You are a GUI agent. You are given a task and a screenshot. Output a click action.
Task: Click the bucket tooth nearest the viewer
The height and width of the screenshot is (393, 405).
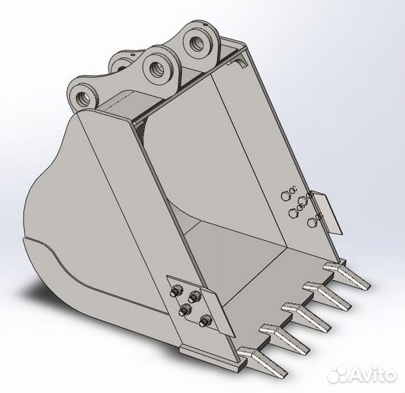coord(262,361)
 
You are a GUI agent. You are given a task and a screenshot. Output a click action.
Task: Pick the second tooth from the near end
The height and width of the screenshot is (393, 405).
coord(284,338)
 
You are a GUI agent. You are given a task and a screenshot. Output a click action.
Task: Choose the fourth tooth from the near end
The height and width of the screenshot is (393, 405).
coord(326,295)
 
